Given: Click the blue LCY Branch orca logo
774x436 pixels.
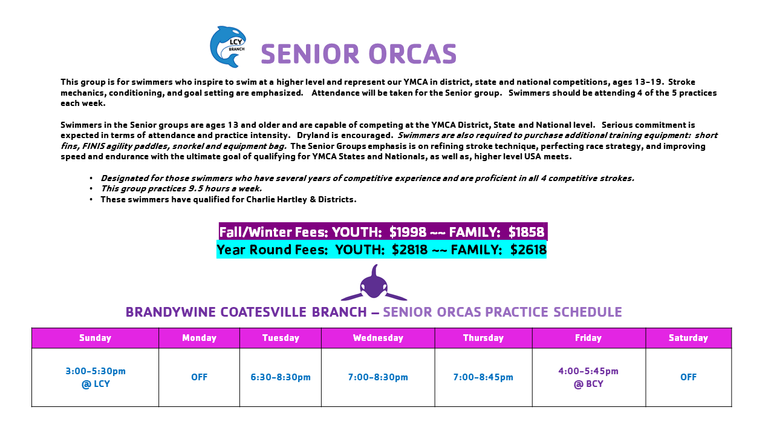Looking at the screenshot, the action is [x=228, y=47].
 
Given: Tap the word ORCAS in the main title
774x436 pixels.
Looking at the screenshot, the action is [x=412, y=54].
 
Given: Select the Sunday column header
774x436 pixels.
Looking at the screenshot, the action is [x=95, y=338].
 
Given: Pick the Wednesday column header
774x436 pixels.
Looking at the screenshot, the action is [x=378, y=338].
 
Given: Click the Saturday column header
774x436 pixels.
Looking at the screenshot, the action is [x=688, y=338].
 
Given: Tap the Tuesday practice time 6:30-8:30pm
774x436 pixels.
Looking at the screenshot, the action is [x=281, y=377].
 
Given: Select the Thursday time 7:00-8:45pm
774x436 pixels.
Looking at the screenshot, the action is [x=483, y=377].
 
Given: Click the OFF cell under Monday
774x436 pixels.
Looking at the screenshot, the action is [x=200, y=377].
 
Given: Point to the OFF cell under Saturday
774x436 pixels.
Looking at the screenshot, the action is [x=688, y=377].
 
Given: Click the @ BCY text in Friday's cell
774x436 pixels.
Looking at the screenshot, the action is [x=588, y=384].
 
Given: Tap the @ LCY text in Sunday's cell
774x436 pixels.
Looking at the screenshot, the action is [x=96, y=384].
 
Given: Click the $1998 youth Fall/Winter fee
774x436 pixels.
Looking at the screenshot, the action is [x=408, y=232].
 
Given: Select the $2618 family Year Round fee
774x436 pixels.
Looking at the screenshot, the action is [x=528, y=250].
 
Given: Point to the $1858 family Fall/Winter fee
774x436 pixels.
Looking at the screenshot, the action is [x=526, y=232].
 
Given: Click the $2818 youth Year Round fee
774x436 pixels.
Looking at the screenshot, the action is [x=409, y=250].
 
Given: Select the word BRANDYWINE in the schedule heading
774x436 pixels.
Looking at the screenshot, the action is [x=171, y=312].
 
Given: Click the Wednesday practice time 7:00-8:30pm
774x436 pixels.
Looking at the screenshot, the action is [x=378, y=377].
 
